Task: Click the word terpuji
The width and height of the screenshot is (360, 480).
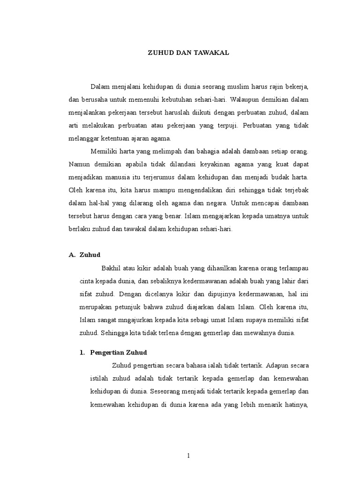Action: coord(228,126)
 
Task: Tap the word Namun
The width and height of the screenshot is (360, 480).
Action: coord(79,165)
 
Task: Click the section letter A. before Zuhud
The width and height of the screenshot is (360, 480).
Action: coord(72,255)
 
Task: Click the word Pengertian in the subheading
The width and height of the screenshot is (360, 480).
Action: coord(109,352)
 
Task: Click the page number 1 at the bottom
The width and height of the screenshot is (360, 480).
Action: coord(187,455)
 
